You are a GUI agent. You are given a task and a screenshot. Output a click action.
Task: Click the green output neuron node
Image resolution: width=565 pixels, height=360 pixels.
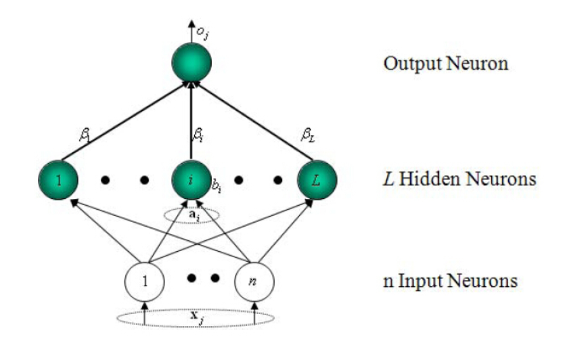191,66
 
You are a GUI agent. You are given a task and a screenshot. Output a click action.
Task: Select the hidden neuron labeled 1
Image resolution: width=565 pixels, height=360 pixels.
59,181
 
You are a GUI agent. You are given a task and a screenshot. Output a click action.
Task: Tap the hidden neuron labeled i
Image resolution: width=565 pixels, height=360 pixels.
191,181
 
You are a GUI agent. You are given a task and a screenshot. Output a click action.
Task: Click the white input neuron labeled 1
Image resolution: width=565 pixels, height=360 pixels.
144,279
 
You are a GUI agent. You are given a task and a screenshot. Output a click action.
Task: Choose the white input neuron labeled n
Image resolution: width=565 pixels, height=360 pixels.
254,279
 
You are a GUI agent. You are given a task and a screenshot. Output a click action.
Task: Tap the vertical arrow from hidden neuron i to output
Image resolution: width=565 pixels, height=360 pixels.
191,125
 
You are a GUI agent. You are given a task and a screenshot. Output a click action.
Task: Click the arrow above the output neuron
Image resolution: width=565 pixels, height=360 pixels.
191,34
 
